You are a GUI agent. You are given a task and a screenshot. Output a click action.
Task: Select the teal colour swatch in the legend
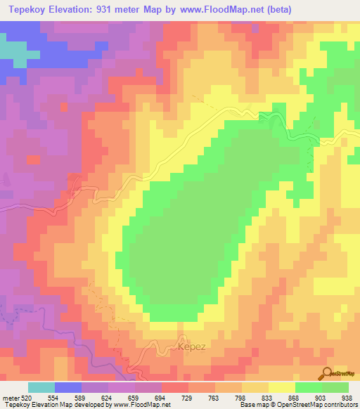click(41, 387)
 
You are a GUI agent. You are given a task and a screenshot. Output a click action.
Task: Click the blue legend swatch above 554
click(68, 387)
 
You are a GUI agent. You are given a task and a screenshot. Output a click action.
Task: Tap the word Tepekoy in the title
click(27, 10)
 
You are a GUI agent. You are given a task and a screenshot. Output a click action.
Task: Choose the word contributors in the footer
click(339, 404)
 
